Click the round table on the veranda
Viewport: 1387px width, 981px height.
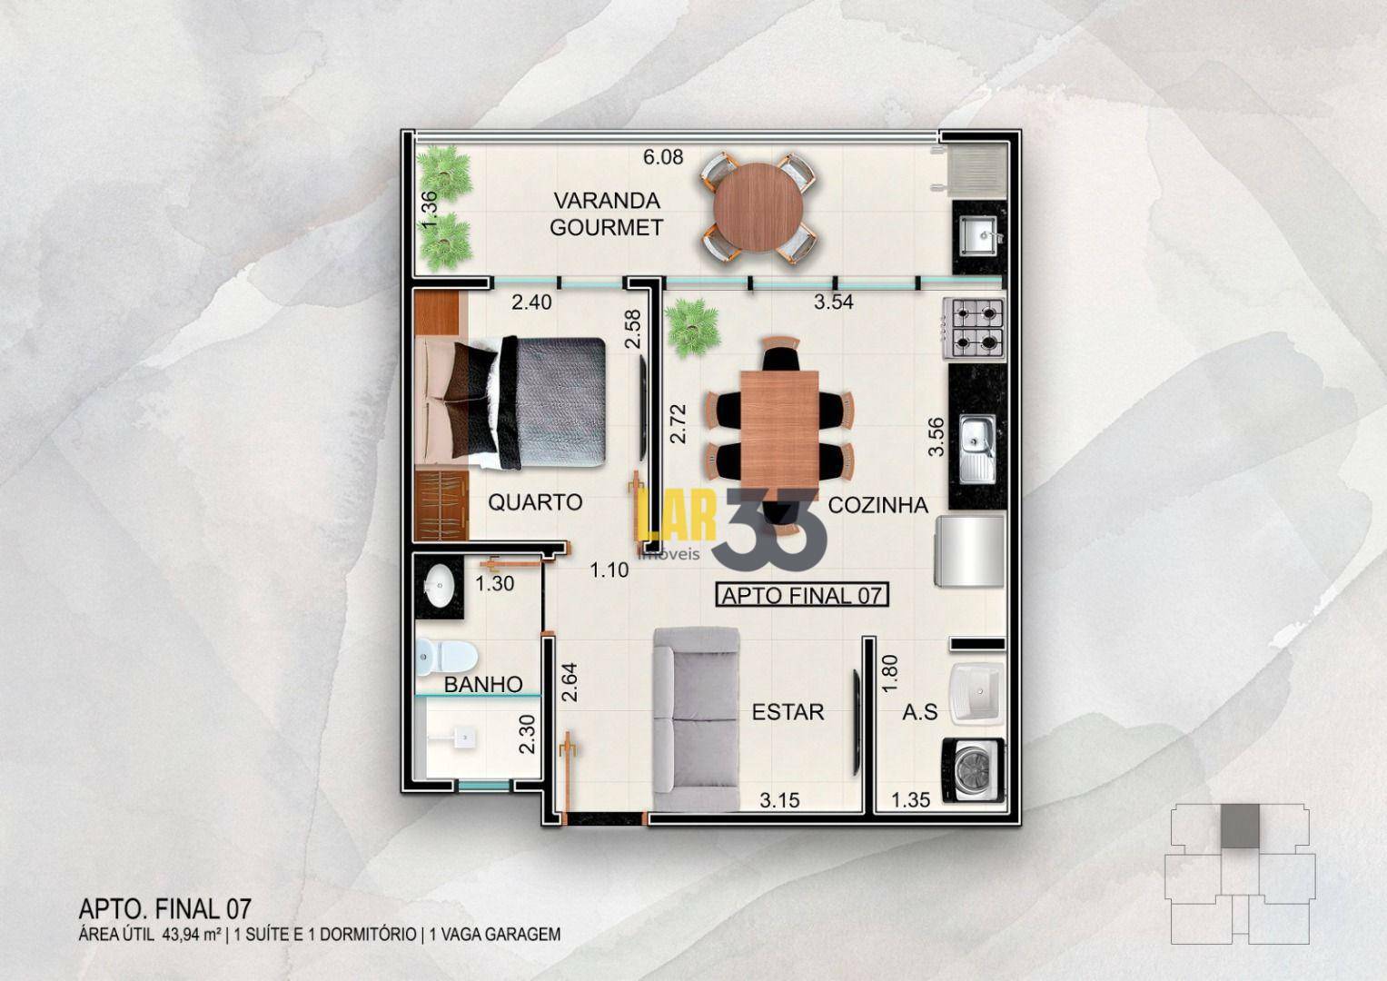click(758, 208)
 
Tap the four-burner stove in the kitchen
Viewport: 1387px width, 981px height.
click(974, 328)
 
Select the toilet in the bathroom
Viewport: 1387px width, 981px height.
click(447, 657)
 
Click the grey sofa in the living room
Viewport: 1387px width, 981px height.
click(697, 719)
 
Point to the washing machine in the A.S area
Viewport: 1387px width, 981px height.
click(973, 771)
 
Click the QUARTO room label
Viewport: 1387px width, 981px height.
click(536, 502)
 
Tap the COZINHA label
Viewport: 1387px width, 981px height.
click(878, 505)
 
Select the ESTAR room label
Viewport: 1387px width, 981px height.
click(788, 712)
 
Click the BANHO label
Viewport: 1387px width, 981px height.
click(483, 684)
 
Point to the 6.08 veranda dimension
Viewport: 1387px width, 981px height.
click(663, 157)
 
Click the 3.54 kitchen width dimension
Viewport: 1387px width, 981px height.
click(834, 302)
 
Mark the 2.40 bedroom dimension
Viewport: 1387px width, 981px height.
click(531, 302)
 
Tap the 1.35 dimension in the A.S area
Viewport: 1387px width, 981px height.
click(911, 800)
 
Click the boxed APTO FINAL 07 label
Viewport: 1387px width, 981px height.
click(802, 595)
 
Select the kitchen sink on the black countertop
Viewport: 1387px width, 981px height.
click(977, 449)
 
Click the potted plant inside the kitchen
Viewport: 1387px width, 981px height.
click(693, 328)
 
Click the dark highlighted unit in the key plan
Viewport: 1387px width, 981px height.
click(1240, 827)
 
